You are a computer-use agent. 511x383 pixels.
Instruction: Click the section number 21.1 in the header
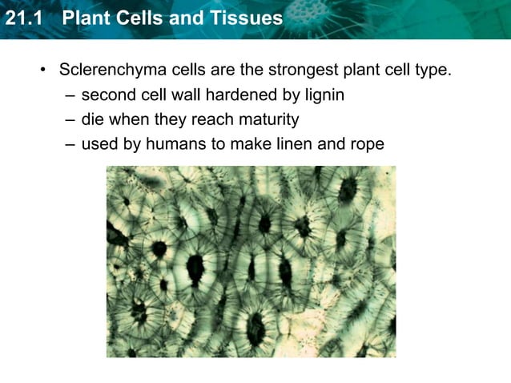(22, 18)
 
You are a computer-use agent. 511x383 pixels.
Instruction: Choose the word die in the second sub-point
(93, 120)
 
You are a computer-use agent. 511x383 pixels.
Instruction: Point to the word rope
(366, 145)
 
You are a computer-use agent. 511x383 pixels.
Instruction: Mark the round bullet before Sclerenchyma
(44, 70)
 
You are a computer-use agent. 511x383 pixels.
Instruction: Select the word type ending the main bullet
(433, 70)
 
